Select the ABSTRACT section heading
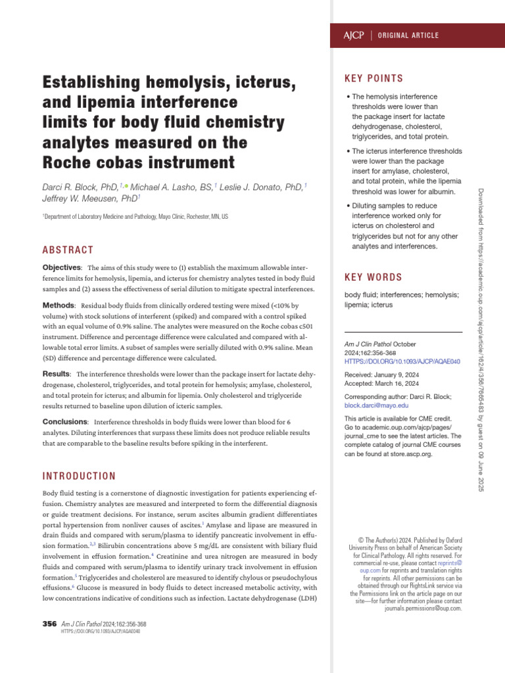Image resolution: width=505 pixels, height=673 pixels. click(68, 250)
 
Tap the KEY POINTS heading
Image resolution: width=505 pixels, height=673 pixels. click(374, 79)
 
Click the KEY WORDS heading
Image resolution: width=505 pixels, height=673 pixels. click(373, 277)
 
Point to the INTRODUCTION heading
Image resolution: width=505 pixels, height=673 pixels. click(79, 476)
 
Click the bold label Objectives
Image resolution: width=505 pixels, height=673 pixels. click(62, 267)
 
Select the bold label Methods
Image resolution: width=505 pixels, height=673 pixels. click(59, 306)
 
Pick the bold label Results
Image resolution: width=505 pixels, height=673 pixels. click(57, 373)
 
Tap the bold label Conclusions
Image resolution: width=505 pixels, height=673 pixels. click(65, 421)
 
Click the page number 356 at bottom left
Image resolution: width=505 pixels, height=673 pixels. click(49, 624)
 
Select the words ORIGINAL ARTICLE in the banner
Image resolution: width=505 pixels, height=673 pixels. click(408, 35)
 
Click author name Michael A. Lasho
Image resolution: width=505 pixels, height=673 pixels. click(172, 187)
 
